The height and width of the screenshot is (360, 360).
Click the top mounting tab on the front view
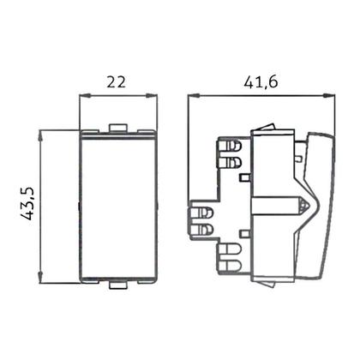[x=117, y=129]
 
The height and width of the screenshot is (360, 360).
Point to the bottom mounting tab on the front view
[x=117, y=281]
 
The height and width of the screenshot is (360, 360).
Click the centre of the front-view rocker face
[x=117, y=206]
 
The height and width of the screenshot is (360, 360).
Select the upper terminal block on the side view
[x=229, y=152]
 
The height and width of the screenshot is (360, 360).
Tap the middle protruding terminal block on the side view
[x=201, y=219]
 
